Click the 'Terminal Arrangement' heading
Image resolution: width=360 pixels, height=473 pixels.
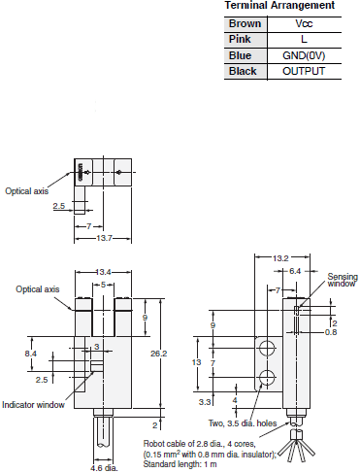[279, 6]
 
